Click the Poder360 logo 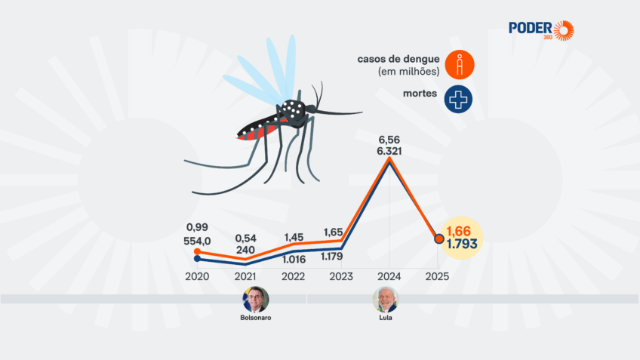click(x=540, y=30)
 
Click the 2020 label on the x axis click(x=197, y=276)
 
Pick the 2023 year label click(x=341, y=276)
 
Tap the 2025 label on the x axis click(x=438, y=276)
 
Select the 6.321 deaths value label click(x=389, y=151)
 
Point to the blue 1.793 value click(x=461, y=245)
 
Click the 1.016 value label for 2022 click(x=294, y=258)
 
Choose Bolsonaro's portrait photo click(x=255, y=300)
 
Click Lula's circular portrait click(x=385, y=300)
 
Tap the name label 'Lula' click(x=385, y=318)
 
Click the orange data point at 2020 click(x=197, y=251)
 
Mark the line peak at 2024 click(x=389, y=159)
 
